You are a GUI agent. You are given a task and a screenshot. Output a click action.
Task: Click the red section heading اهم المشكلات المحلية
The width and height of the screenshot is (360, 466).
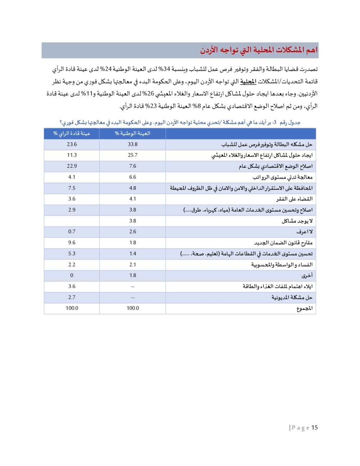tap(259, 50)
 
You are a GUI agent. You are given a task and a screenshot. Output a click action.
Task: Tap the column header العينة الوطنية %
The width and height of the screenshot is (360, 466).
tap(132, 134)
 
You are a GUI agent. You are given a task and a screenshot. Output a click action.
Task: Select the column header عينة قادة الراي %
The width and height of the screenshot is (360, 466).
tap(72, 134)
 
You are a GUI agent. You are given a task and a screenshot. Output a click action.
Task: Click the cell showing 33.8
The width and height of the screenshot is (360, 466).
tap(132, 144)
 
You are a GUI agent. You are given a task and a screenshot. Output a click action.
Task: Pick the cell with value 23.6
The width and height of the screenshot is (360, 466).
tap(72, 144)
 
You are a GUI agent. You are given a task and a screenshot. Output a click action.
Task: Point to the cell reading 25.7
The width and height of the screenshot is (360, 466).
tap(132, 155)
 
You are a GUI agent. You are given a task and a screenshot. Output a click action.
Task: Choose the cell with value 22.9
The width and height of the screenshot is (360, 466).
tap(72, 166)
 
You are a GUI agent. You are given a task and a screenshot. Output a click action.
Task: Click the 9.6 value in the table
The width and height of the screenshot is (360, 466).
tap(72, 243)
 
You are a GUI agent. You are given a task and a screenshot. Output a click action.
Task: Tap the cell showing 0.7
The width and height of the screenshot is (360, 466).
tap(72, 232)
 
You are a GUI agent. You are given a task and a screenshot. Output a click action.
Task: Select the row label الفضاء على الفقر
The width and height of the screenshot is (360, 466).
tap(294, 199)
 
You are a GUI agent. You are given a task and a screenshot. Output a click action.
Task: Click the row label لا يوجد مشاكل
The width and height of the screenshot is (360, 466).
tap(297, 221)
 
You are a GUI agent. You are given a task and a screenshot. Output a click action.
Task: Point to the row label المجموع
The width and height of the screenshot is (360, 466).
tap(304, 308)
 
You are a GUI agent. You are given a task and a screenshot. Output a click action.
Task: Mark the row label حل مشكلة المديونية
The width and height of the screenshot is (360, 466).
tap(292, 297)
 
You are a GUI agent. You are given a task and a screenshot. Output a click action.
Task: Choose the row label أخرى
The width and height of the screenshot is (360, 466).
tap(307, 275)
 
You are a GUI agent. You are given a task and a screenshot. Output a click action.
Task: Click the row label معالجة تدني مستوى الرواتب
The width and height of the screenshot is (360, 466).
tap(283, 177)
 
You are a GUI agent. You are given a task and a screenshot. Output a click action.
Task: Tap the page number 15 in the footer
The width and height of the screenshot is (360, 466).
tap(315, 427)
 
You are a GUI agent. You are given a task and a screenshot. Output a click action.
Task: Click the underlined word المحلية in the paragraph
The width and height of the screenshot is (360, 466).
tap(248, 81)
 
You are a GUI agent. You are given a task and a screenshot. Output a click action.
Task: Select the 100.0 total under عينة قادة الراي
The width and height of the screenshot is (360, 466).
tap(72, 308)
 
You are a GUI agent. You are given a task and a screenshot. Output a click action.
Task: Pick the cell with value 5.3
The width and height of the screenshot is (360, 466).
tap(72, 254)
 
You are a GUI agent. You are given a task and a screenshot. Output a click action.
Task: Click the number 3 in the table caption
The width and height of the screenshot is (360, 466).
tap(275, 123)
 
